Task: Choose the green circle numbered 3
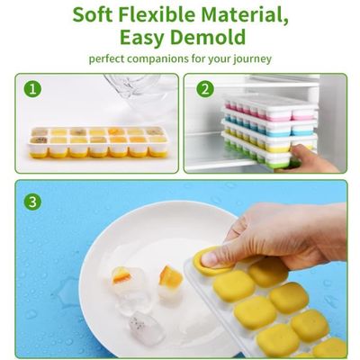coord(32,202)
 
